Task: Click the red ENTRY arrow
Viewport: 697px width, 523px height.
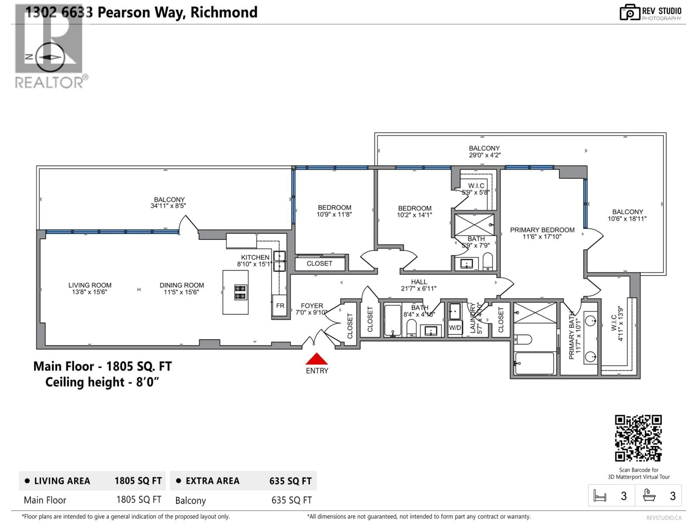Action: click(x=317, y=359)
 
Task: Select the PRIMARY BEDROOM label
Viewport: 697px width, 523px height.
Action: click(x=542, y=230)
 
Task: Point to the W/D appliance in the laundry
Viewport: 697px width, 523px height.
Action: click(x=455, y=328)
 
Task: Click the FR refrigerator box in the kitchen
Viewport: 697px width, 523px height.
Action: click(x=280, y=305)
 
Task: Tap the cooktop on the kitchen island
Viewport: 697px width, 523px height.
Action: click(x=241, y=292)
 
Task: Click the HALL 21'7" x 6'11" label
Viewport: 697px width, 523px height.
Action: click(x=419, y=285)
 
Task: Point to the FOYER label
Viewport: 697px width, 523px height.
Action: click(x=312, y=306)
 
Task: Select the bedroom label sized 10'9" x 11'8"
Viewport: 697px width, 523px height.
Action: click(x=334, y=211)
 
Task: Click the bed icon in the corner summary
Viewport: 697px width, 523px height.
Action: click(x=600, y=496)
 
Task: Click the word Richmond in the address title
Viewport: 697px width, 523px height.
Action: click(x=224, y=13)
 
